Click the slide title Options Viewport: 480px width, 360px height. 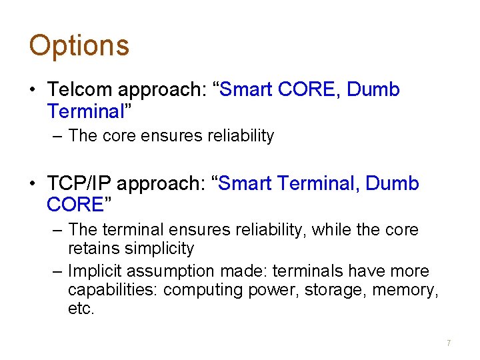79,45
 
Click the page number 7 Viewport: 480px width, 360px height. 449,343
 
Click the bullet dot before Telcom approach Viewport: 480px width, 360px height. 33,90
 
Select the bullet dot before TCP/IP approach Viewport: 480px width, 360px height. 33,183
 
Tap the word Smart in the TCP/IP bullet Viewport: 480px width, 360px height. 245,183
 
